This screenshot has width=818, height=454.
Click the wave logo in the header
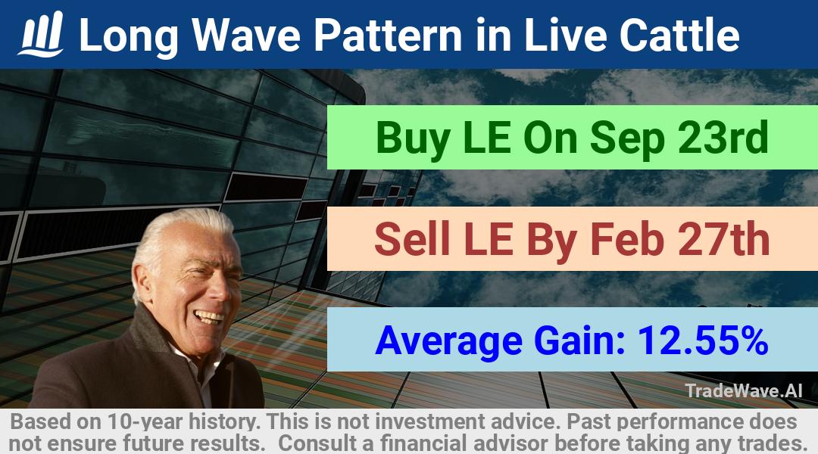[41, 34]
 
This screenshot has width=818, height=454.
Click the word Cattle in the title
[679, 35]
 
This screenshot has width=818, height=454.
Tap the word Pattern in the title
[388, 35]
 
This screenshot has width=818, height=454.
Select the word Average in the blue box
[448, 341]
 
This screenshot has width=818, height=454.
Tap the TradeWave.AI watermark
[744, 390]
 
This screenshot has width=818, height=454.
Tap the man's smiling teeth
[210, 316]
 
